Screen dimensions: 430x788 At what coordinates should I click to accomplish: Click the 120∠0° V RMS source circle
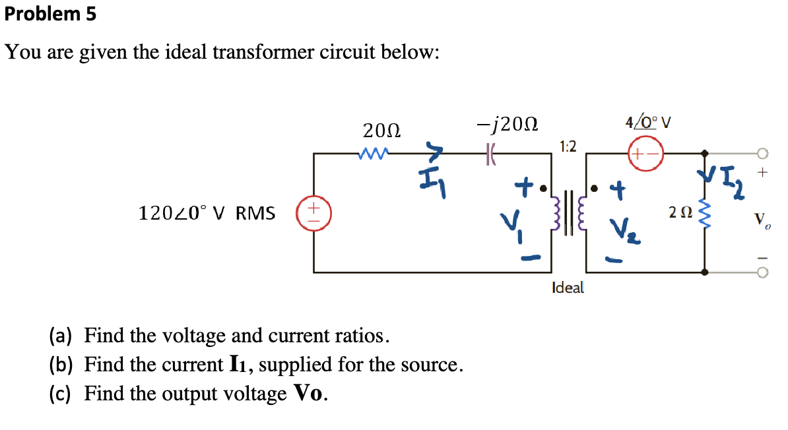314,213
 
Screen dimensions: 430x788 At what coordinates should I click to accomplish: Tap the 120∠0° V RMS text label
207,213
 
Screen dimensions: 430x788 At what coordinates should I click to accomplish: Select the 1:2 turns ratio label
568,146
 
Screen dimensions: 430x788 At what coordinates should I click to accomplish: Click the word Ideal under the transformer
568,288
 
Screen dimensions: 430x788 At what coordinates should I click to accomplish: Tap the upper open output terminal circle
764,154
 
